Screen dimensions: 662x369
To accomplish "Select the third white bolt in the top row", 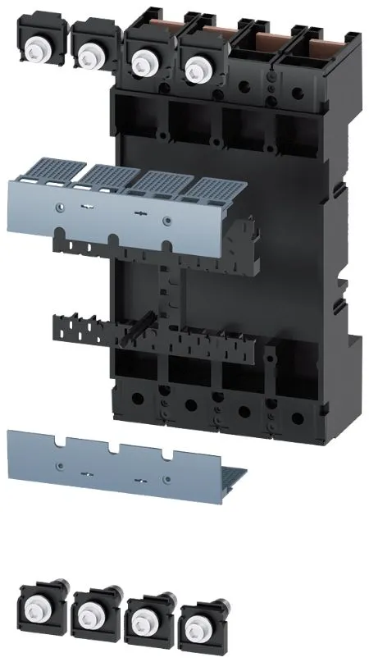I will (x=144, y=60).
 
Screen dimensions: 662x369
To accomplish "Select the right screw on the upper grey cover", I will (x=167, y=220).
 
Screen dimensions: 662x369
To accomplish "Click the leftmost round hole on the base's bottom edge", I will (x=136, y=402).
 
